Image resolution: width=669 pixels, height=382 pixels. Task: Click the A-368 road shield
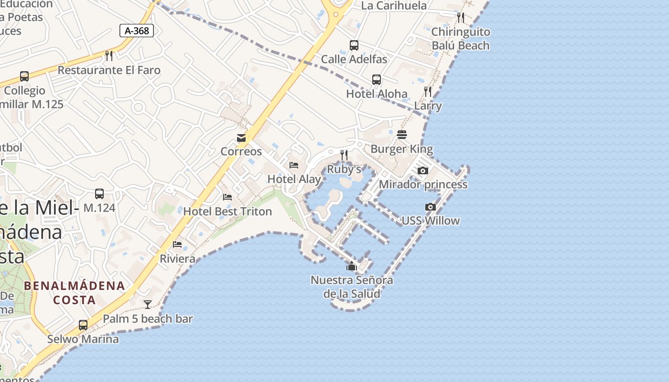click(x=137, y=31)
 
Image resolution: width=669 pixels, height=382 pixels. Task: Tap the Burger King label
click(x=401, y=149)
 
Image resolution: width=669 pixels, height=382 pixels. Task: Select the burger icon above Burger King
click(x=401, y=135)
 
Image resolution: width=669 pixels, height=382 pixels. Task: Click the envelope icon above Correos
click(x=241, y=138)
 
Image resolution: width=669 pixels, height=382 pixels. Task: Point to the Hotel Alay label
click(x=294, y=179)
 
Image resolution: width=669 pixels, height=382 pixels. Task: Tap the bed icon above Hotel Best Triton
click(x=227, y=197)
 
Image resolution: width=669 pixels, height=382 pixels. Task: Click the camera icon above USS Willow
click(x=430, y=207)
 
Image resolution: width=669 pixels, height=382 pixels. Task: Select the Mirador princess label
click(x=423, y=184)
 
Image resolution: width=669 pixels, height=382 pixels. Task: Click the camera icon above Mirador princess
click(x=422, y=171)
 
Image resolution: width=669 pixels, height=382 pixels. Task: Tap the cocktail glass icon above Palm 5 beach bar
click(x=148, y=305)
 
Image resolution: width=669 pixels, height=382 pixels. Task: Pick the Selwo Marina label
click(x=83, y=340)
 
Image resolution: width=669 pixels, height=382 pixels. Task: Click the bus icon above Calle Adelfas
click(x=354, y=45)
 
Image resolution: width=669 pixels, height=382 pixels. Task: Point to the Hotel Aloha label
click(x=377, y=94)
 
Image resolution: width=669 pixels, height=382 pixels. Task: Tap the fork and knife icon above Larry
click(x=428, y=92)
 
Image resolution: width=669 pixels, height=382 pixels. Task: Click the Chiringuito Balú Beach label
click(x=461, y=39)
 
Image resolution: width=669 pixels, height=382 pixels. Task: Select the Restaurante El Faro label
click(x=109, y=70)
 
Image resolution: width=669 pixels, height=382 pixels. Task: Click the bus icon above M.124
click(x=99, y=194)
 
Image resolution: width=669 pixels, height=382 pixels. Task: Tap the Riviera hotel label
click(x=177, y=259)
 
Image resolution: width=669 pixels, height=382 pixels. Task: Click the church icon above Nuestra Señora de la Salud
click(x=352, y=266)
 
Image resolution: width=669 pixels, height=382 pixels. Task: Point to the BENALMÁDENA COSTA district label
click(x=75, y=293)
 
